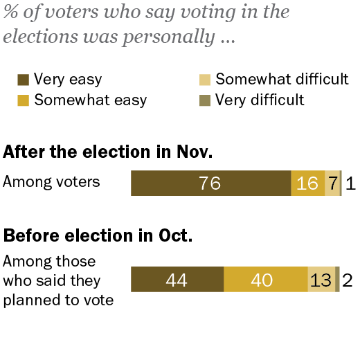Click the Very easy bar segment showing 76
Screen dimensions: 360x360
point(210,183)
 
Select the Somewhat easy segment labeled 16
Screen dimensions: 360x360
point(307,183)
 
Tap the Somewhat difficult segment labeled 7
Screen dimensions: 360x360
point(332,183)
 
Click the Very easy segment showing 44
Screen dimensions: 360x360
point(177,279)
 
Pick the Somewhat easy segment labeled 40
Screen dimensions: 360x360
point(265,279)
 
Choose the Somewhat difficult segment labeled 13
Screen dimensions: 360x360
point(321,279)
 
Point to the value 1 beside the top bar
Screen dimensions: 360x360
point(350,183)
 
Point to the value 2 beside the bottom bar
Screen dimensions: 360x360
point(348,280)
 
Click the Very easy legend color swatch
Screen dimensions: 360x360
point(22,80)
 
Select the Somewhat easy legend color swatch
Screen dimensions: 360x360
point(22,100)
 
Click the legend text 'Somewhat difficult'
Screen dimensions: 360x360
point(282,79)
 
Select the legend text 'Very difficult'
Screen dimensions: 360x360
point(260,100)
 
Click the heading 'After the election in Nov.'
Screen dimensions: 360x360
point(108,152)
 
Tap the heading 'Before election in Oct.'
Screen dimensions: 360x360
point(98,235)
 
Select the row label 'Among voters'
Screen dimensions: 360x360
point(51,182)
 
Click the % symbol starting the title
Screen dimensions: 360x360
point(10,12)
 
